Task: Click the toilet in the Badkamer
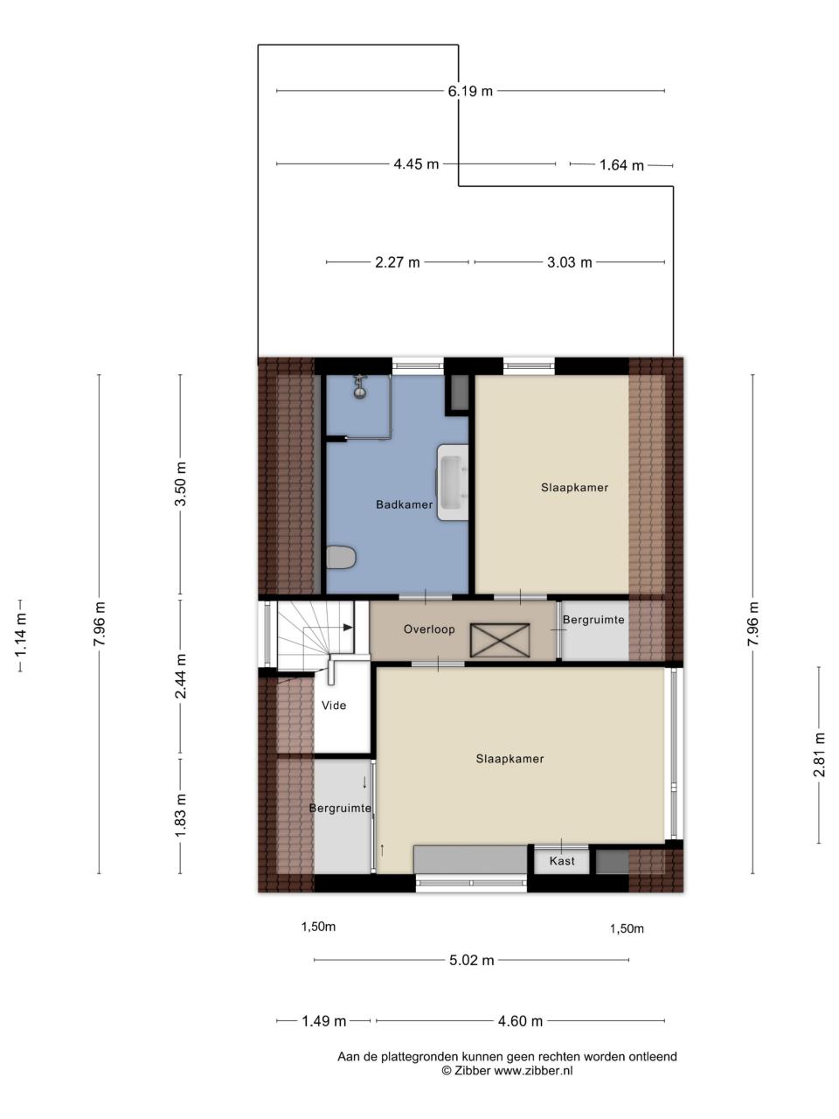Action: pos(340,557)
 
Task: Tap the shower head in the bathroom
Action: pos(360,387)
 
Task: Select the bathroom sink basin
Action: pos(453,482)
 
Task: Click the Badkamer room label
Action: pos(404,504)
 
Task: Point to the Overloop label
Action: pos(429,629)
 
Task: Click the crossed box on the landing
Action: pos(500,640)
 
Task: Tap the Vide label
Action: pos(334,705)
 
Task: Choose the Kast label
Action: pos(562,861)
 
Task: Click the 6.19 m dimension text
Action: pos(470,91)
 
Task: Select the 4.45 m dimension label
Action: pos(416,164)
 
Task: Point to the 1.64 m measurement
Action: pos(621,165)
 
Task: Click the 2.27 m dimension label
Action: pos(398,262)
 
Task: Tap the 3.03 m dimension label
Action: pos(570,262)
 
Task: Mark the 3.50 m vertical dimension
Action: pos(180,483)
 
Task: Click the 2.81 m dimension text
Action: pos(819,754)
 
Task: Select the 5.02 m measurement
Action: pos(472,961)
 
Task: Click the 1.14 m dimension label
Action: pos(20,636)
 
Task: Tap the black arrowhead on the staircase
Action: pos(349,628)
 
